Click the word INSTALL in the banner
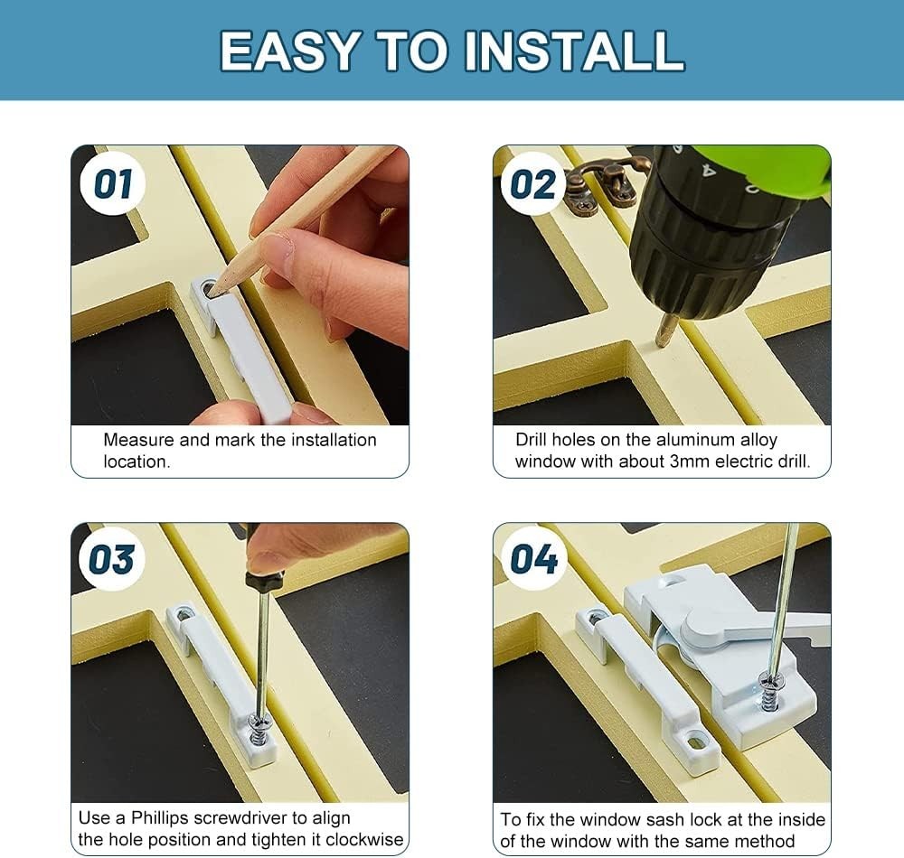coord(576,51)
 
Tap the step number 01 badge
coord(113,184)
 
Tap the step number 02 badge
coord(532,184)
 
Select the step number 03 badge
coord(111,560)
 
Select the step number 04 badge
coord(533,560)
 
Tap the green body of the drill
coord(768,167)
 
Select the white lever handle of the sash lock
coord(750,625)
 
